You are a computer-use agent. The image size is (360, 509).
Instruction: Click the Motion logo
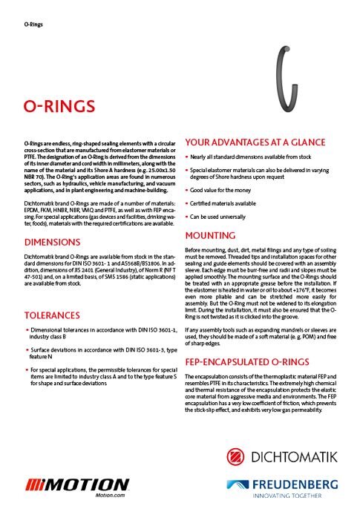pos(78,483)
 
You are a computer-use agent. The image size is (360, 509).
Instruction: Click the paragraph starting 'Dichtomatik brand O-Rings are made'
pos(101,212)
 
